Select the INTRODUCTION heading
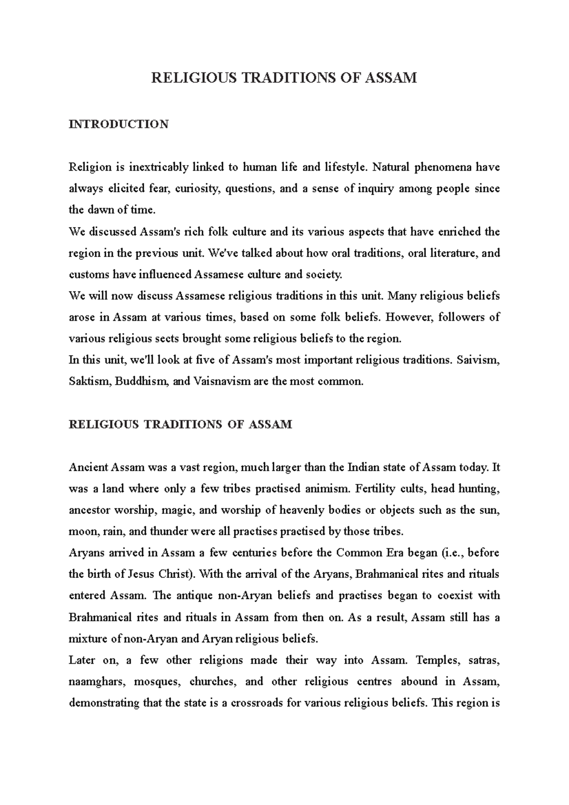click(119, 124)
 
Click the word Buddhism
click(141, 381)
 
